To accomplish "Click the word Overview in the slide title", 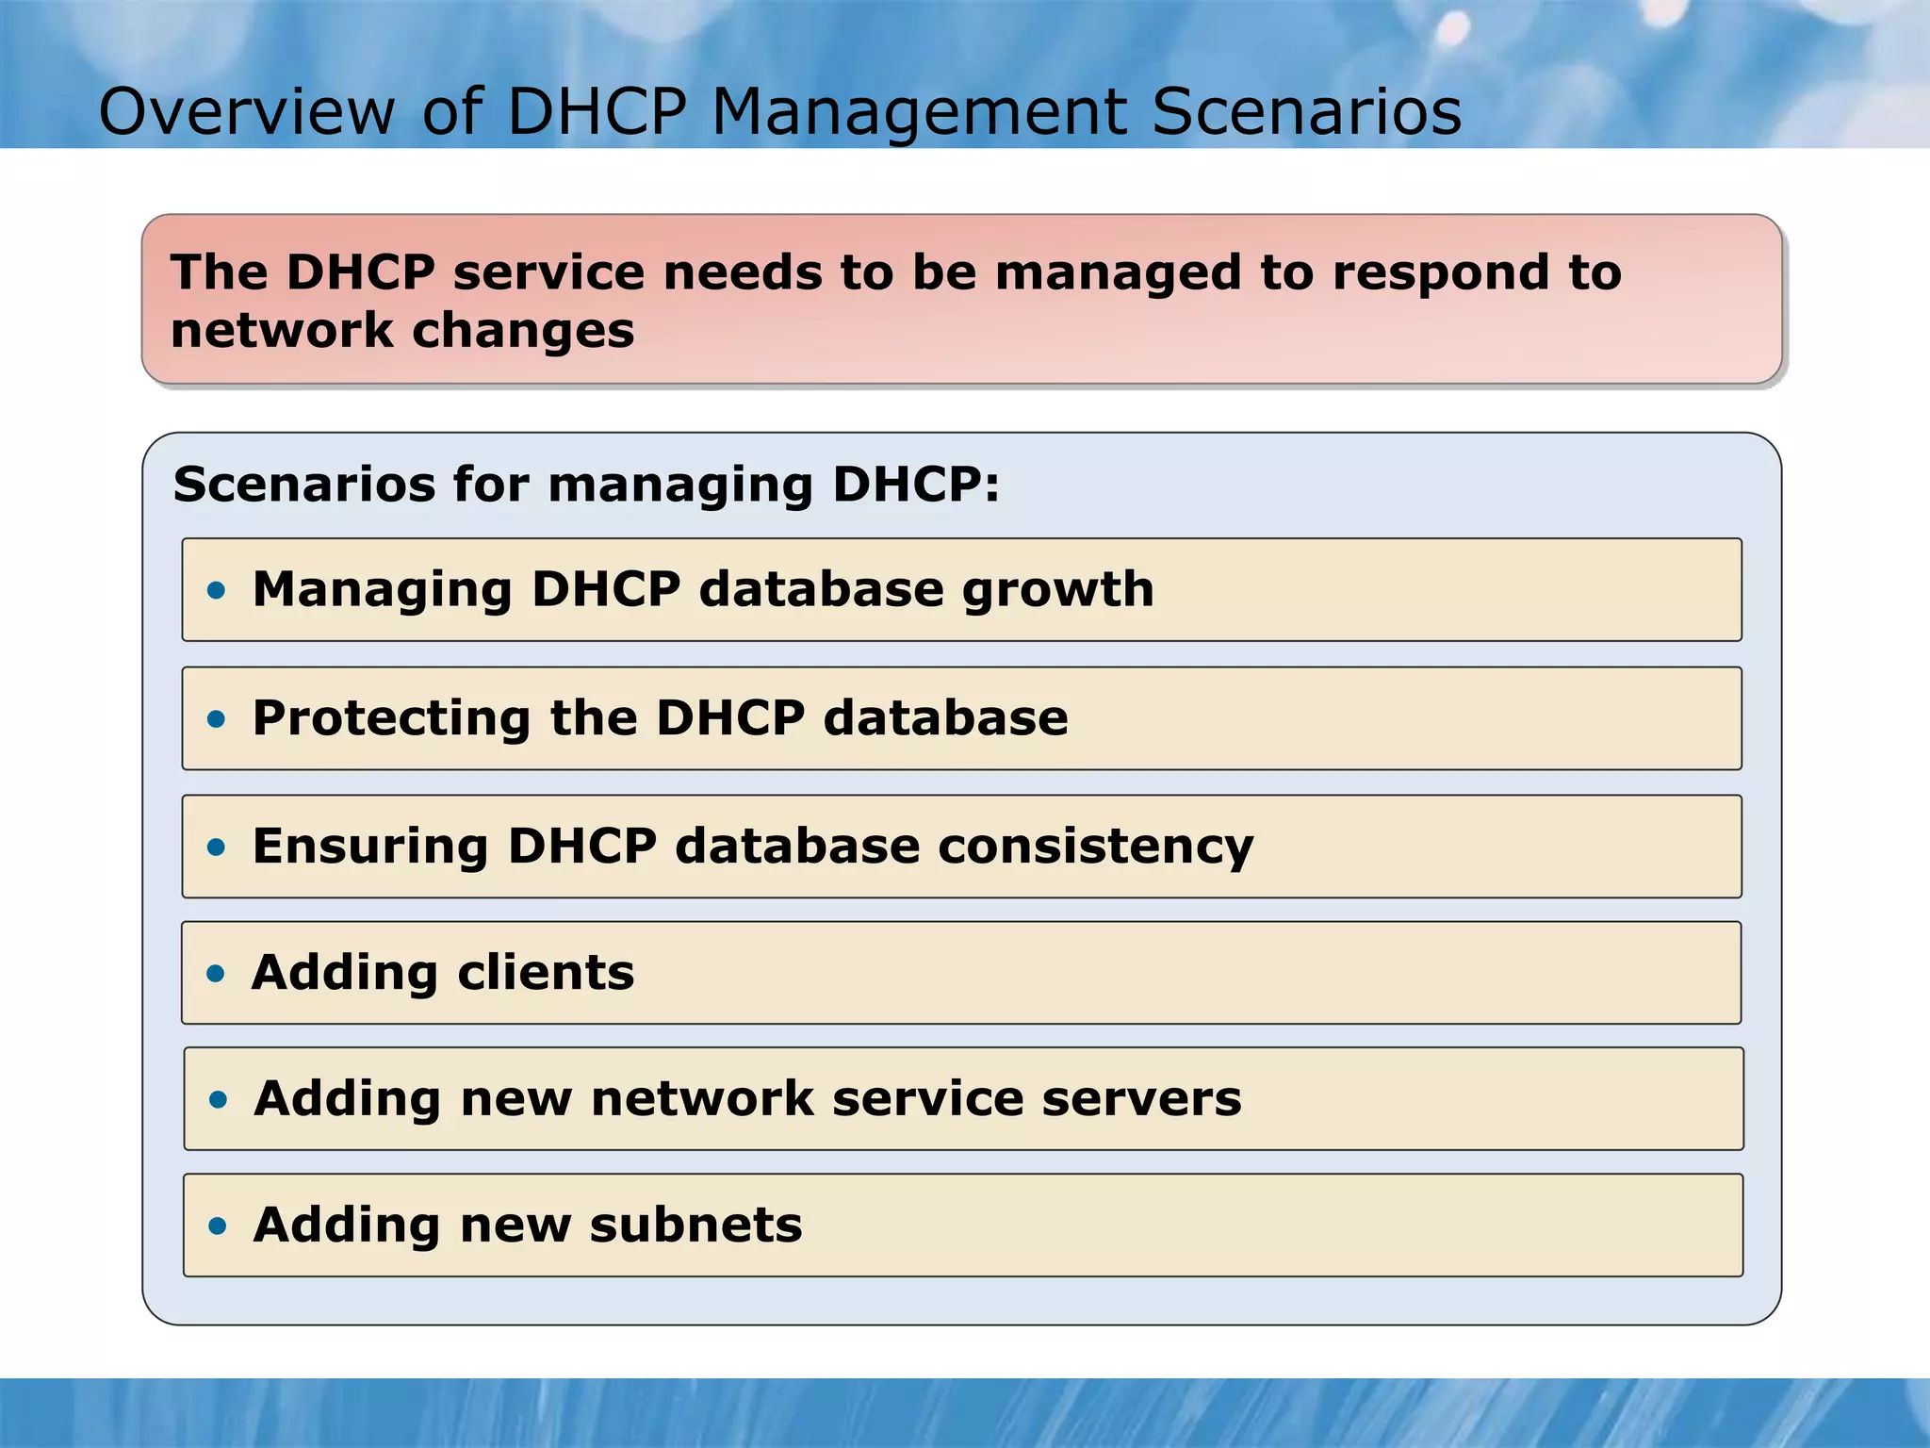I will pyautogui.click(x=247, y=112).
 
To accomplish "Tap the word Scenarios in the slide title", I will pyautogui.click(x=1306, y=112).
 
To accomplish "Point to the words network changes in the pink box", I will pyautogui.click(x=402, y=331).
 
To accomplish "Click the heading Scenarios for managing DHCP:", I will pyautogui.click(x=586, y=485).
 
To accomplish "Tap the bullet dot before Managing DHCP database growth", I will pyautogui.click(x=217, y=591).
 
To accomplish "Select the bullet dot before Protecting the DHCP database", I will pyautogui.click(x=217, y=719).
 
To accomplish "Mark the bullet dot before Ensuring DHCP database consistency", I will pyautogui.click(x=217, y=847).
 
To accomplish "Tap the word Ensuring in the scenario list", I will pyautogui.click(x=370, y=847).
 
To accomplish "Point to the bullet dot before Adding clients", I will pyautogui.click(x=217, y=974).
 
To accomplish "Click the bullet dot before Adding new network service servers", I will pyautogui.click(x=219, y=1100).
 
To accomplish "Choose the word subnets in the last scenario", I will pyautogui.click(x=695, y=1226).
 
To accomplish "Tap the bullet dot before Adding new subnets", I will pyautogui.click(x=219, y=1226).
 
